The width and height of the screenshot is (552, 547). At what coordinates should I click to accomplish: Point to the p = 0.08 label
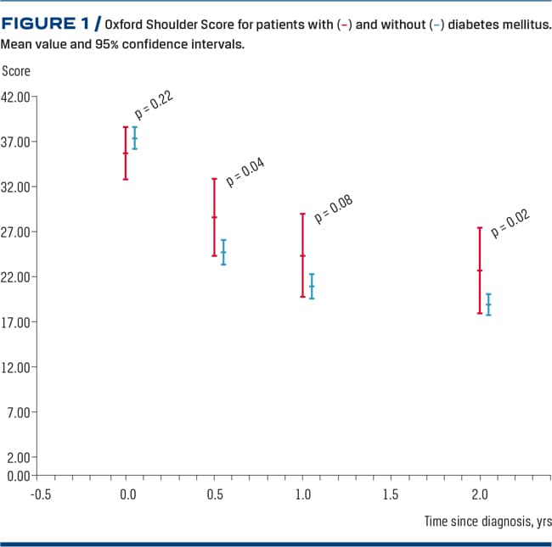point(334,209)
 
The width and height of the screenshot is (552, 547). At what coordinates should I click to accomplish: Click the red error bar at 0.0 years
point(126,153)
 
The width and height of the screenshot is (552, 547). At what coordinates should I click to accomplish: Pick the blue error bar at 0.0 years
point(134,138)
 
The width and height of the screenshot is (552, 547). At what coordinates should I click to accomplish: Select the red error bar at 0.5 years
point(214,217)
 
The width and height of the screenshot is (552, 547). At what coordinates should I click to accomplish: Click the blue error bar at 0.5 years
point(223,252)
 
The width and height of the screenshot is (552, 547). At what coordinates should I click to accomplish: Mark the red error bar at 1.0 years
point(302,255)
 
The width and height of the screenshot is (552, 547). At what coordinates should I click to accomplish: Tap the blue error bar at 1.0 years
point(312,286)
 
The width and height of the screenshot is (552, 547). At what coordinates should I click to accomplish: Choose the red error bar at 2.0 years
point(479,271)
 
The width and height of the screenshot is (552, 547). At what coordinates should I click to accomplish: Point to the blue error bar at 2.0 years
point(488,304)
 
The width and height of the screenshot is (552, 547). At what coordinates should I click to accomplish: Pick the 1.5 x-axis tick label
point(391,494)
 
